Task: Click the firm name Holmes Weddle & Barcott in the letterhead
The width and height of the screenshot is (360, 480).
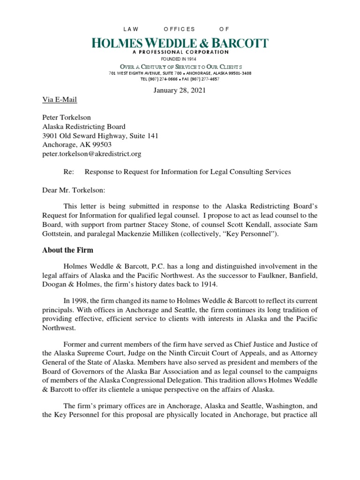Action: point(180,44)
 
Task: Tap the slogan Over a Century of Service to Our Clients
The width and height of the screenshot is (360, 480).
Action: point(180,67)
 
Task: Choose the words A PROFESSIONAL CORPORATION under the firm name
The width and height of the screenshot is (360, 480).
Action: point(180,52)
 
